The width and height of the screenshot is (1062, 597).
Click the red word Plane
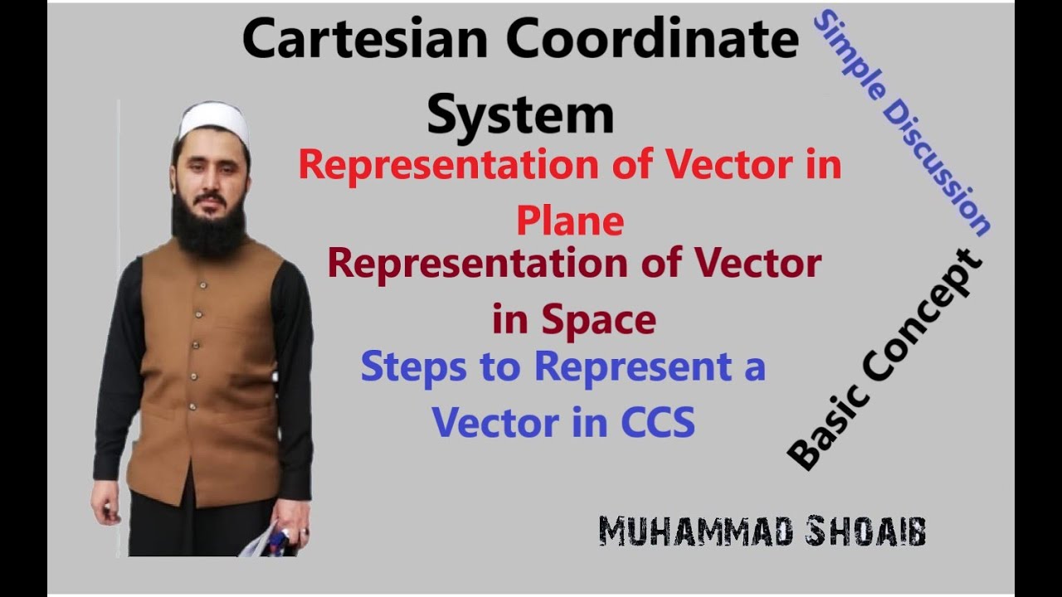pos(569,221)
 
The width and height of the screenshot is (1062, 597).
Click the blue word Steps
pos(413,366)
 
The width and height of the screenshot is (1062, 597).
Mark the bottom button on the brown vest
pos(192,406)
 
